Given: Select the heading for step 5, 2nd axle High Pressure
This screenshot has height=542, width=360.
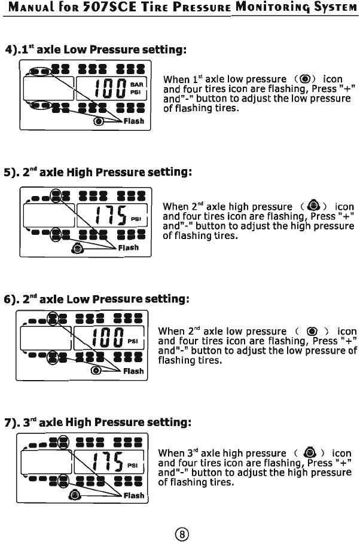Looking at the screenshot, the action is click(98, 173).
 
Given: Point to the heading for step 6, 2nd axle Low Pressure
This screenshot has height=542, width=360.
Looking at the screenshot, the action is click(98, 298).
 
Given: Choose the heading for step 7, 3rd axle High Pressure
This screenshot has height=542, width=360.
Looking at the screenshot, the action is click(98, 423).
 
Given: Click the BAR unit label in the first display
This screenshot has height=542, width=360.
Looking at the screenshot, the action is click(137, 85).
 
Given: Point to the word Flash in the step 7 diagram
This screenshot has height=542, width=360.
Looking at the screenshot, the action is click(133, 495).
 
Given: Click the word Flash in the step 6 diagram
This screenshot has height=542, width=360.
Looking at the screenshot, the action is click(133, 371).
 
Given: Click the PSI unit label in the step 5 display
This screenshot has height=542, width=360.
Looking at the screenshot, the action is click(136, 219).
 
